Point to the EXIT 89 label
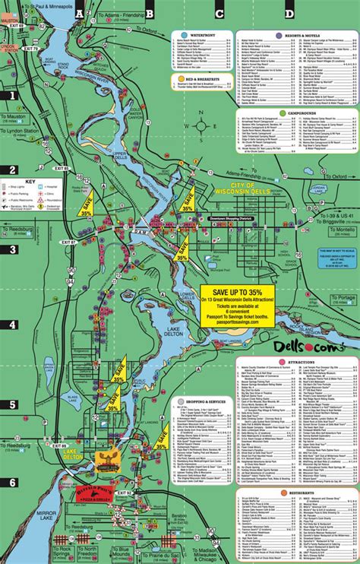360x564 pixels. [x=62, y=445]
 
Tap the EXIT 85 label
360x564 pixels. [x=62, y=167]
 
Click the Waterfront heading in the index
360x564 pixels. [x=202, y=35]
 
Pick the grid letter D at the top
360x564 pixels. [x=289, y=13]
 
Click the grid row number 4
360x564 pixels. [x=12, y=325]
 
